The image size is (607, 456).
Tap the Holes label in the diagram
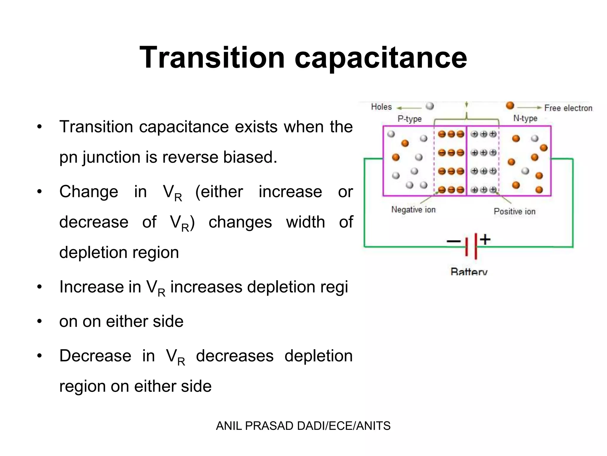click(x=381, y=107)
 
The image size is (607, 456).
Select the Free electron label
click(x=568, y=108)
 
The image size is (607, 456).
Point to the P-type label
click(x=409, y=119)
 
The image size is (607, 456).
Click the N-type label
click(x=525, y=118)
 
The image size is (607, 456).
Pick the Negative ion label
click(x=413, y=210)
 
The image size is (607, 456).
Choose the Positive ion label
click(x=514, y=211)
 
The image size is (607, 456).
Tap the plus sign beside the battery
click(x=485, y=239)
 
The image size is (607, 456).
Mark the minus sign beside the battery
click(x=453, y=241)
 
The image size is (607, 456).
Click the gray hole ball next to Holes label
click(x=429, y=106)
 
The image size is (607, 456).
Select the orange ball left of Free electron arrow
click(x=510, y=105)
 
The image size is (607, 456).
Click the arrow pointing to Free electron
click(x=529, y=108)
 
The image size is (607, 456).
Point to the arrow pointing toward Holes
click(x=409, y=108)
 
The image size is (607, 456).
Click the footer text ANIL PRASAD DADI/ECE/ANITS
click(x=303, y=426)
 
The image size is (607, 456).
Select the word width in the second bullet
click(x=305, y=222)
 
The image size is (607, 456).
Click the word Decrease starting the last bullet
click(x=95, y=356)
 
